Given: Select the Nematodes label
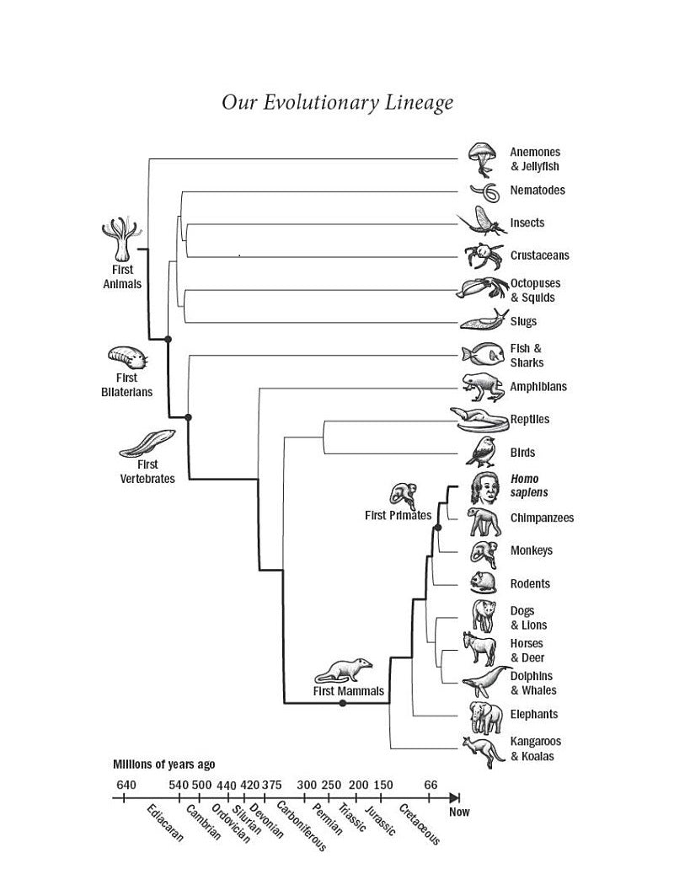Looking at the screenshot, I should click(x=537, y=190).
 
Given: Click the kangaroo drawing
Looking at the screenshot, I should click(x=480, y=748).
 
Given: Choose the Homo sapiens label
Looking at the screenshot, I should click(x=528, y=485).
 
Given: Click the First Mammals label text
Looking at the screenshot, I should click(x=348, y=691).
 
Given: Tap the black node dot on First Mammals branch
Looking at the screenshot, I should click(x=342, y=702).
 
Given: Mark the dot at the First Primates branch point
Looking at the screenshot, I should click(x=437, y=528).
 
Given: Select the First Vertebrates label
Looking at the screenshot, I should click(x=147, y=471).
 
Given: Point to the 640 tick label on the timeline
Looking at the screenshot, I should click(x=125, y=785).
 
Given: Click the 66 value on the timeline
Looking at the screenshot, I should click(x=431, y=785).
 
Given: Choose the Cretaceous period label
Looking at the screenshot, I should click(x=419, y=825).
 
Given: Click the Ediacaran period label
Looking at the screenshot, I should click(x=164, y=828).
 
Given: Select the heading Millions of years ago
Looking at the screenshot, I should click(x=163, y=764).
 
